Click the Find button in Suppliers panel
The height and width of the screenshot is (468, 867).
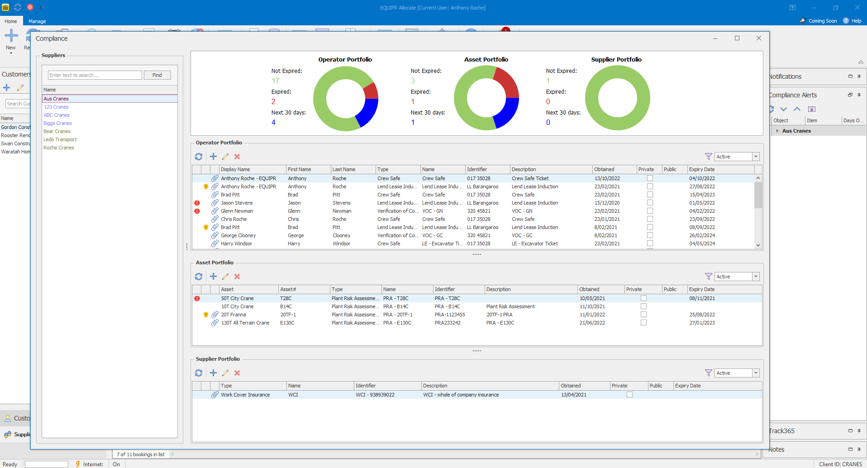point(157,75)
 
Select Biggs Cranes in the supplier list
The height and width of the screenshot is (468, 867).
point(57,123)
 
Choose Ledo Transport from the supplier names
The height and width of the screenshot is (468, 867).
point(60,139)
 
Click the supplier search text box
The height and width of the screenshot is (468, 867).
point(95,75)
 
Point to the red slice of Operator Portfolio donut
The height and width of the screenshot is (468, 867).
point(371,91)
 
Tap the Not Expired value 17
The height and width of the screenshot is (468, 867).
point(276,81)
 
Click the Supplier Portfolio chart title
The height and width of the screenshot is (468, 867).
point(616,59)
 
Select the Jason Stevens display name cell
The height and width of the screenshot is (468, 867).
point(237,203)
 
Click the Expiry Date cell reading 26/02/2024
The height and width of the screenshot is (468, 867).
point(702,235)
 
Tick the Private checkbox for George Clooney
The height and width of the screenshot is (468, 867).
point(650,235)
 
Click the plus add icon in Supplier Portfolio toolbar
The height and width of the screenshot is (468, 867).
point(213,373)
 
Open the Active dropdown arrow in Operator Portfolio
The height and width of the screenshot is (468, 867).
point(755,157)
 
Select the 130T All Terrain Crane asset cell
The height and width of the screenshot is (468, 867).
point(245,323)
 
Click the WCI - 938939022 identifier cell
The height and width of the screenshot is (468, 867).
point(375,395)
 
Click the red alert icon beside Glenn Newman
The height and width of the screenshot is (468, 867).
point(197,211)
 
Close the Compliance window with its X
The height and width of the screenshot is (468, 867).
point(759,38)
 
